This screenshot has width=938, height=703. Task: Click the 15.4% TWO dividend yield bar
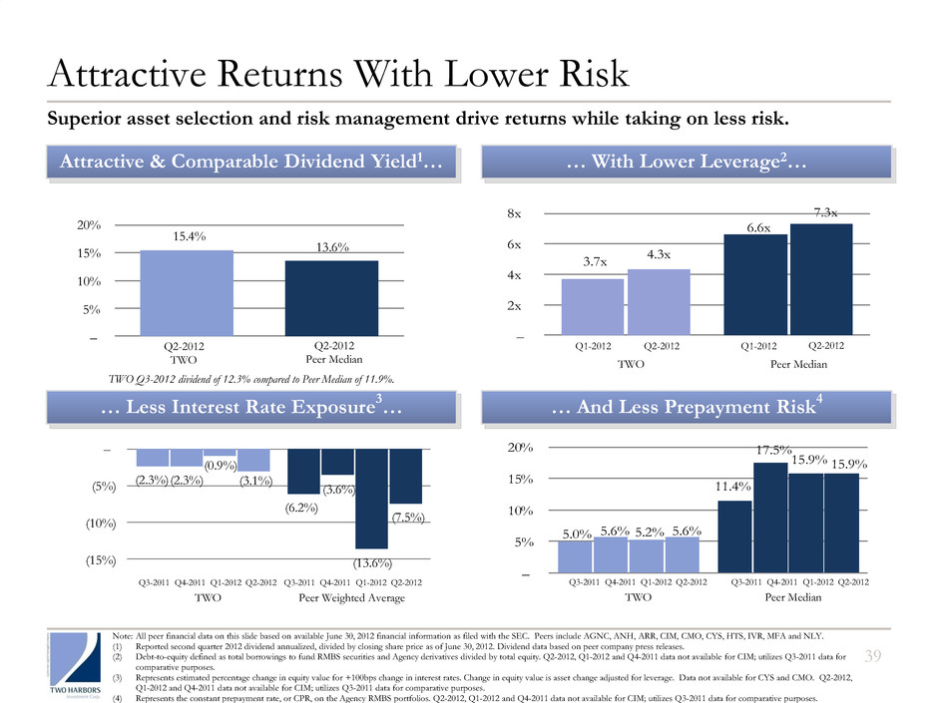pos(187,292)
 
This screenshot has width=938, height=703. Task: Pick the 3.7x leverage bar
pos(593,306)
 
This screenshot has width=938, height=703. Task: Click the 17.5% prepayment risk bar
pos(770,518)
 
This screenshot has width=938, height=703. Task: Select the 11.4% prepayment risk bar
pos(735,536)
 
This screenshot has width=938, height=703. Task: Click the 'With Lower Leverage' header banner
pos(685,162)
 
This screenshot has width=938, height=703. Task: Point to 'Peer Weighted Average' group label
pos(353,598)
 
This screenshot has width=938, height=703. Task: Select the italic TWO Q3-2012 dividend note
pos(251,379)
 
